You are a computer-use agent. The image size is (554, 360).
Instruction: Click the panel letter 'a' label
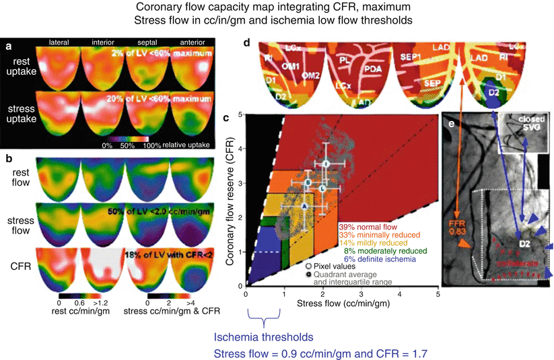click(7, 46)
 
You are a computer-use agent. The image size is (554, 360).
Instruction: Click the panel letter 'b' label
click(7, 159)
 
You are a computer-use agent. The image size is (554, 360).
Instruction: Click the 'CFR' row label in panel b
click(20, 268)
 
